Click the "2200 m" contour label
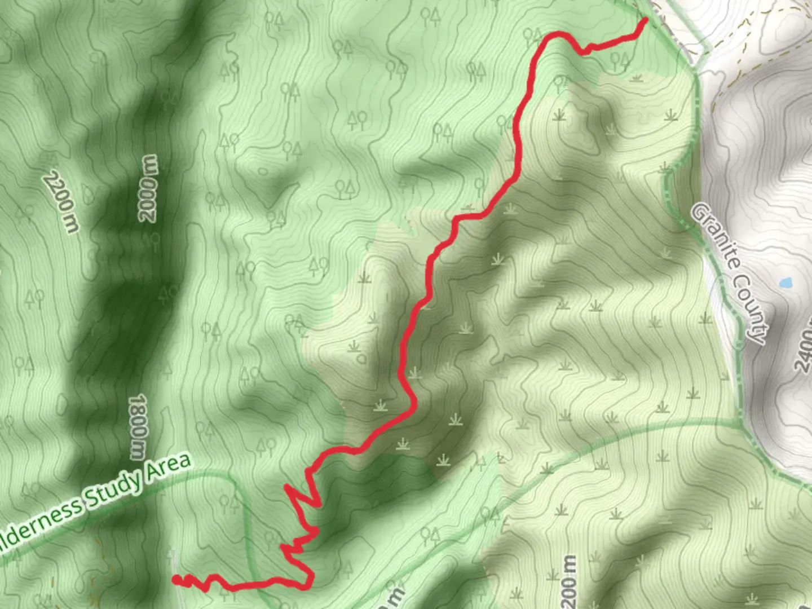coord(61,201)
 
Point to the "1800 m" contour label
coord(137,427)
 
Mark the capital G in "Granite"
coord(700,213)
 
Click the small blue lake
coord(785,282)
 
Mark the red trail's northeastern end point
coord(645,20)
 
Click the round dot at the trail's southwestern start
coord(176,579)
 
